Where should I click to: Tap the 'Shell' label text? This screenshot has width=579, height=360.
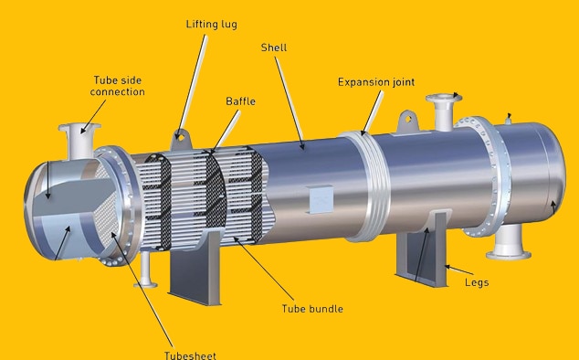[274, 47]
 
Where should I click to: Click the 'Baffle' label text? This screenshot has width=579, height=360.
[239, 101]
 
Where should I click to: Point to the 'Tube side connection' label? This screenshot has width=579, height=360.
[119, 85]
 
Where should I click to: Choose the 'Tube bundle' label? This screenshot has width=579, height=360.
[313, 309]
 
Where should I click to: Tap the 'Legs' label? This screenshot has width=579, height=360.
[476, 282]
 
